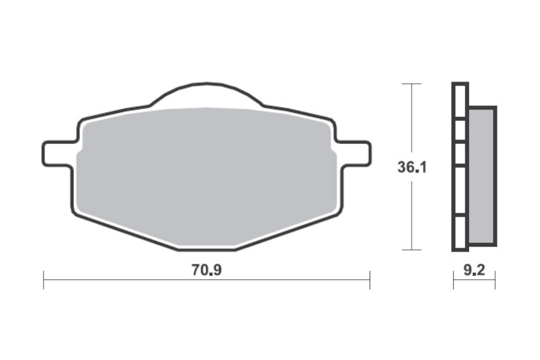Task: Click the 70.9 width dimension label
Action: pyautogui.click(x=206, y=270)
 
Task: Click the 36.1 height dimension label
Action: pyautogui.click(x=412, y=167)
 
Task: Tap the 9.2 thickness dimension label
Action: pyautogui.click(x=474, y=270)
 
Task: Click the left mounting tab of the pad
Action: pyautogui.click(x=58, y=154)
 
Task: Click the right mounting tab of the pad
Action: pyautogui.click(x=355, y=154)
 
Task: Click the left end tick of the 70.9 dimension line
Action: pyautogui.click(x=44, y=280)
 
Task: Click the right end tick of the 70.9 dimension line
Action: pyautogui.click(x=370, y=280)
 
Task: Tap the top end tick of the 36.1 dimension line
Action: pyautogui.click(x=412, y=83)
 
